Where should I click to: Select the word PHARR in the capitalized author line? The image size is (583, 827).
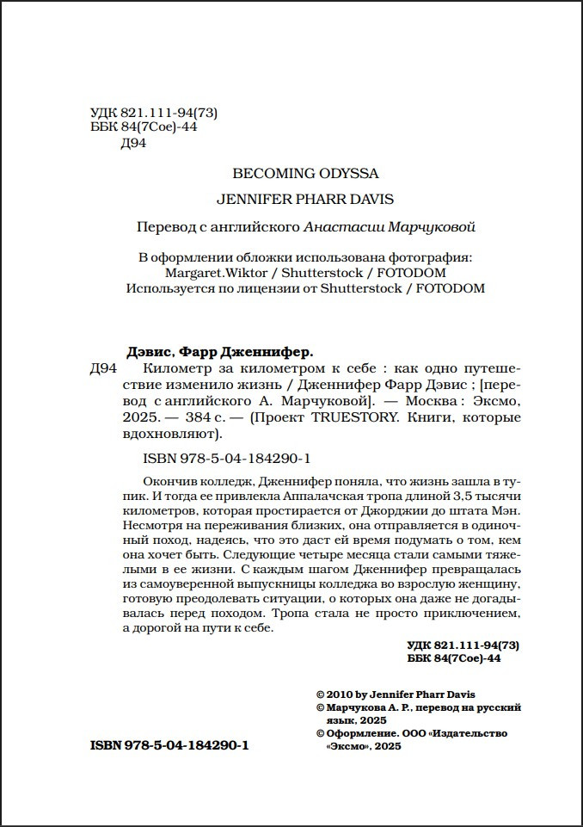[x=313, y=199]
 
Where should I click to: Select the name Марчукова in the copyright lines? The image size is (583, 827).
[x=354, y=707]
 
